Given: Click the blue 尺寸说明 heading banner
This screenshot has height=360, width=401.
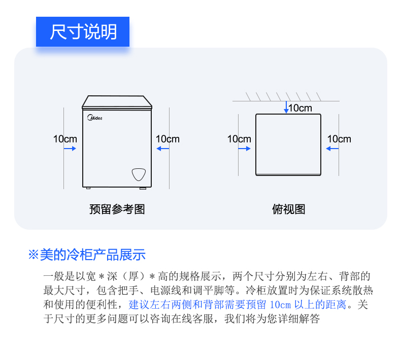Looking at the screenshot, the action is click(83, 31).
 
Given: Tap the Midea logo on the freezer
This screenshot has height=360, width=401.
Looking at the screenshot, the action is click(95, 118).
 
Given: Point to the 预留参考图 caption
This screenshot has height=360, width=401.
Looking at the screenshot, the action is click(117, 209).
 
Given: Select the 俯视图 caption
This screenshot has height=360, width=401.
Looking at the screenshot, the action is click(288, 209).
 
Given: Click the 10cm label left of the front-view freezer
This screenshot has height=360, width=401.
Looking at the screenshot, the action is click(65, 139).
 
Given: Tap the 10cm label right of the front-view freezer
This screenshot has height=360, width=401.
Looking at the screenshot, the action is click(168, 139).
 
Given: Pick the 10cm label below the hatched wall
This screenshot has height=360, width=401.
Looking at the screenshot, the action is click(300, 108).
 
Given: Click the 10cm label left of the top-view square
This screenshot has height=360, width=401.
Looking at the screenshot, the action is click(239, 139).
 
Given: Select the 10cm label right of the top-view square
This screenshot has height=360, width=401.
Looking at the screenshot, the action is click(339, 139).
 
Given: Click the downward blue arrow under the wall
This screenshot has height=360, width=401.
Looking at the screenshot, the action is click(286, 107).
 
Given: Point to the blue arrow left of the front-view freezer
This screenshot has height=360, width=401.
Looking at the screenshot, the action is click(70, 149).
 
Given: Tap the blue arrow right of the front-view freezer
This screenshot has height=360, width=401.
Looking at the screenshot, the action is click(162, 149).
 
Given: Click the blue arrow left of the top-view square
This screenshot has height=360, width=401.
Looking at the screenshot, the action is click(245, 149).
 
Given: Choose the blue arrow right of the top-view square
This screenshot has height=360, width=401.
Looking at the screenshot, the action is click(332, 149).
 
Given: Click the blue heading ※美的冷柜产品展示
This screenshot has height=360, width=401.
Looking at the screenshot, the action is click(87, 254).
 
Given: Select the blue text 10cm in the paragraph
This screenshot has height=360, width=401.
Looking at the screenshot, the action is click(280, 305).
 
